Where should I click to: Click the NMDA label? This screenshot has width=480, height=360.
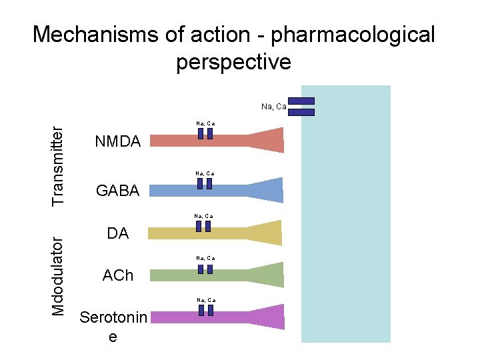[118, 141]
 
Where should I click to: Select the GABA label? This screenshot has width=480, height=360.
[118, 191]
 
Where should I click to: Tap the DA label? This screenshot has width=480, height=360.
[118, 233]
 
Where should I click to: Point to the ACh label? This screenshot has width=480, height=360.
[118, 275]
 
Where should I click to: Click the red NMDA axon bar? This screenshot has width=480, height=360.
[200, 141]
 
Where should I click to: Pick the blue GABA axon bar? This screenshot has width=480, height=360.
[200, 191]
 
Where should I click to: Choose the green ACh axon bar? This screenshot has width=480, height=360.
[200, 275]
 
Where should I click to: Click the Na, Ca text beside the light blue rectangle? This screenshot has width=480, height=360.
[274, 106]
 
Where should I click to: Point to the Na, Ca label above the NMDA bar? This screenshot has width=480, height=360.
[205, 123]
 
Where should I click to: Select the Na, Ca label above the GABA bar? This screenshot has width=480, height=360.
[205, 173]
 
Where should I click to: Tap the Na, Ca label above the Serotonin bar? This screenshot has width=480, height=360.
[205, 300]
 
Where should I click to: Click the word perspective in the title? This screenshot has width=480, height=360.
[234, 62]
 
